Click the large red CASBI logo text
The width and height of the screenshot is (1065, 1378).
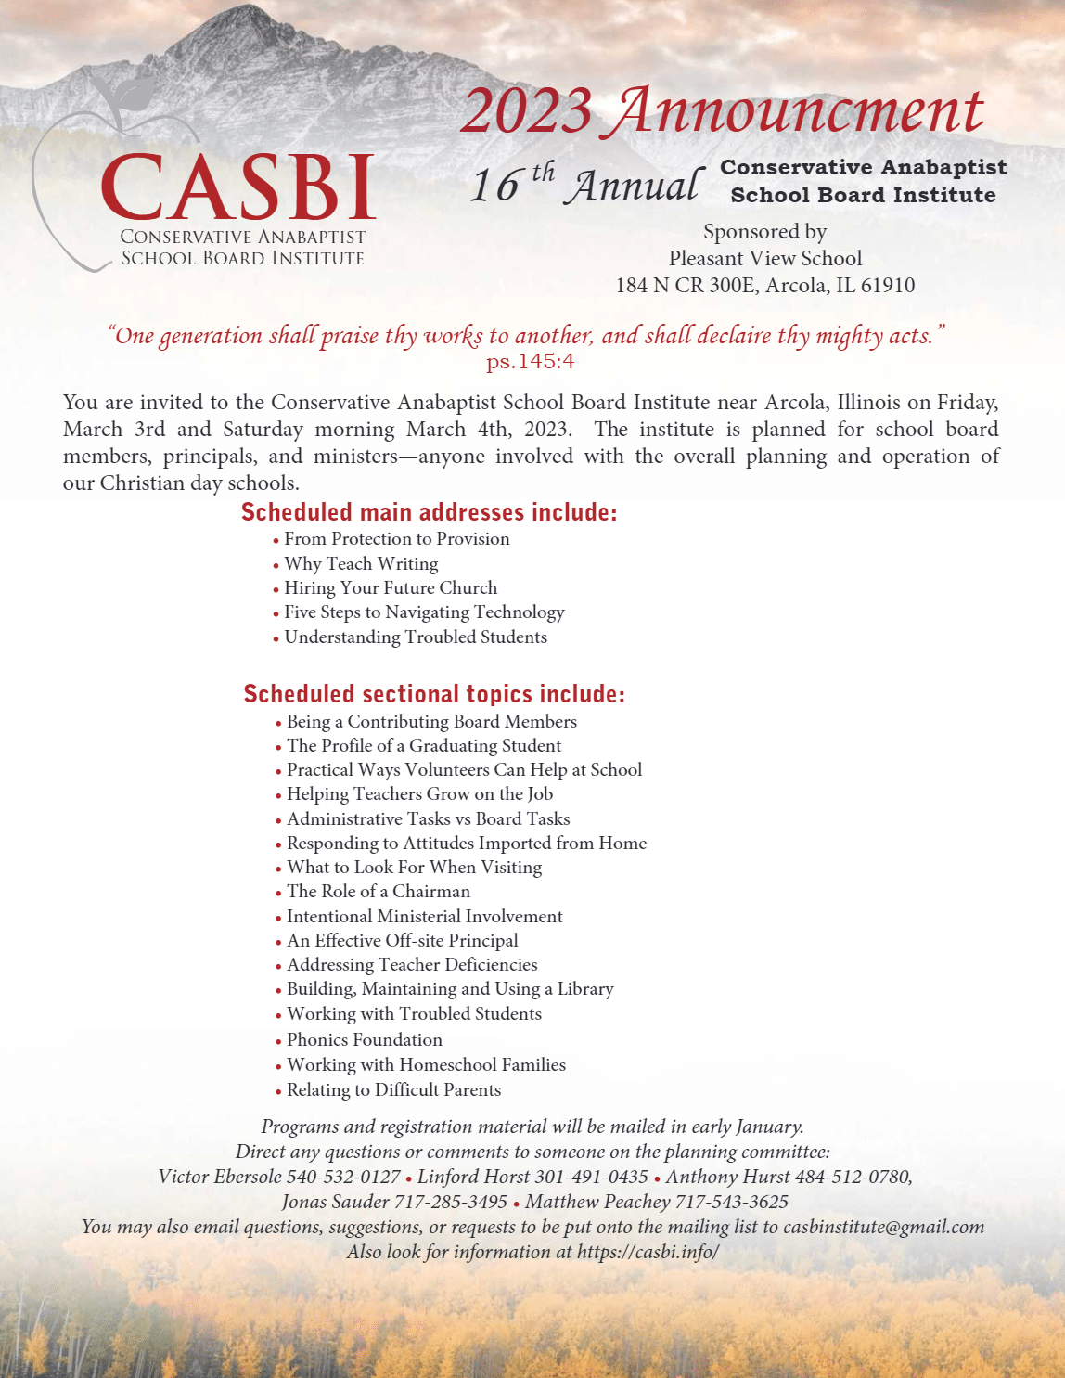[238, 187]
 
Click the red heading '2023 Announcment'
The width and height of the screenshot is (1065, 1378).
[721, 110]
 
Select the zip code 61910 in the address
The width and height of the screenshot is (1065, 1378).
[888, 285]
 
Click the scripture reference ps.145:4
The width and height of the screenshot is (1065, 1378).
[530, 361]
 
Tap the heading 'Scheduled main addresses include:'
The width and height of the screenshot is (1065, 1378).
[429, 512]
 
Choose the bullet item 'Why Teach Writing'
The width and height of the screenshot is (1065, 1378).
[361, 563]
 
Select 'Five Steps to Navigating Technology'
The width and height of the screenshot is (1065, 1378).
[424, 612]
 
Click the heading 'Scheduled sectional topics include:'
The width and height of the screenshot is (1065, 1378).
[434, 694]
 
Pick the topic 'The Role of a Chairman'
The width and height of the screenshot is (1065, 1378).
[378, 891]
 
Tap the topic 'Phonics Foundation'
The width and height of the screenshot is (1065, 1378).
[364, 1039]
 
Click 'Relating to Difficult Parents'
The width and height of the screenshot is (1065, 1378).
[393, 1089]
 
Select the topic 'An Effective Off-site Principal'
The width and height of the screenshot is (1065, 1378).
[402, 940]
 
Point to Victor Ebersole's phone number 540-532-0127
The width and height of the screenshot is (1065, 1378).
[343, 1177]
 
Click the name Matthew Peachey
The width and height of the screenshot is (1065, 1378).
[597, 1202]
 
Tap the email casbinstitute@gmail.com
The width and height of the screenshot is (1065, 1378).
[883, 1227]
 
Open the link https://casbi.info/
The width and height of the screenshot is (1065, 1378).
[648, 1252]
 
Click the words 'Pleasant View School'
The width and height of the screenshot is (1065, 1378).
[765, 258]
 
